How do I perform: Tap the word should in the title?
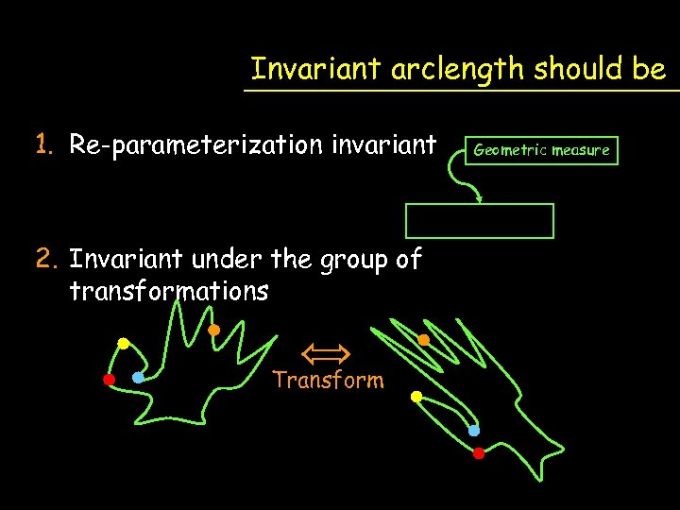tap(573, 69)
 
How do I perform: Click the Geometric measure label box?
tap(541, 150)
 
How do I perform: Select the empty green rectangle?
tap(480, 221)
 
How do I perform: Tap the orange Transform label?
tap(328, 381)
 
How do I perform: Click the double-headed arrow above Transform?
tap(326, 354)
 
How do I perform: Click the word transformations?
tap(169, 291)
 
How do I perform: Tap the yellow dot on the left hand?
tap(123, 344)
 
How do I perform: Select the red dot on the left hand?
tap(109, 381)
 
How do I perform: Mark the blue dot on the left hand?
tap(138, 378)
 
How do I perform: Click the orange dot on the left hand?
tap(213, 330)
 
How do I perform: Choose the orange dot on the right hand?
tap(424, 340)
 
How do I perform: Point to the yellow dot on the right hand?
tap(416, 398)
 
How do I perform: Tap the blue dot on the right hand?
tap(474, 431)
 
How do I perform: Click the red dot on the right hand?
tap(479, 453)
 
